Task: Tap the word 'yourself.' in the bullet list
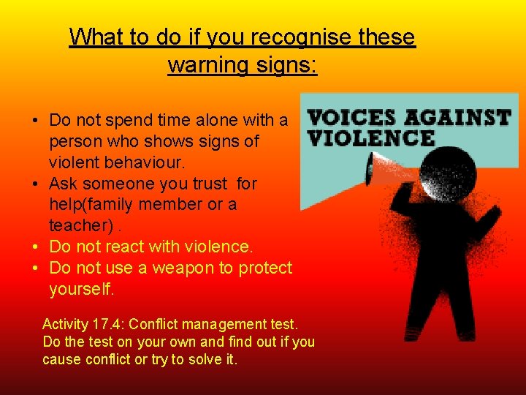82,290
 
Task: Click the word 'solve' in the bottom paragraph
204,360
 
